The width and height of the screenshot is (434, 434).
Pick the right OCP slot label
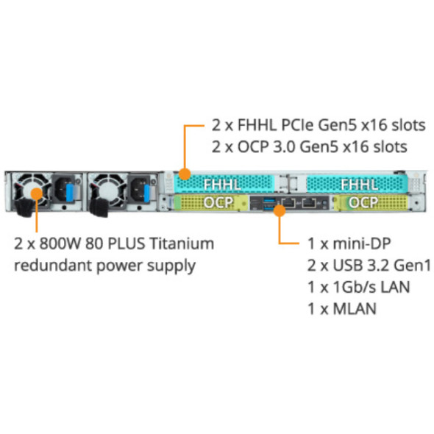point(363,202)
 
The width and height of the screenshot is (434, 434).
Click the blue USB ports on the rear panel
point(266,201)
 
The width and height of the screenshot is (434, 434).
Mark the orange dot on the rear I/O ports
point(279,210)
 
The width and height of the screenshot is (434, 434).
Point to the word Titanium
point(185,243)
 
